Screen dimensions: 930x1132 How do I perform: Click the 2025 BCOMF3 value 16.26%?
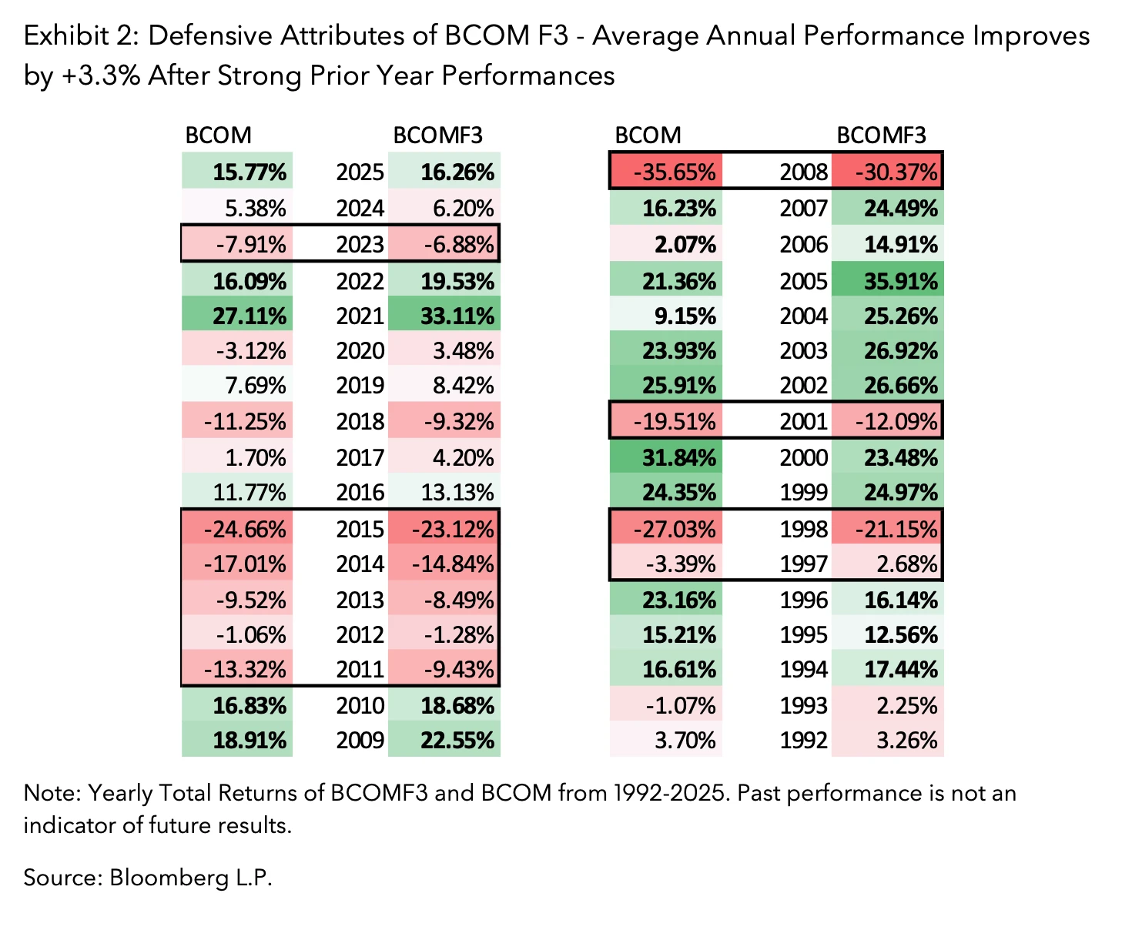point(444,171)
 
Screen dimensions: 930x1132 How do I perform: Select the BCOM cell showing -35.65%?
point(666,171)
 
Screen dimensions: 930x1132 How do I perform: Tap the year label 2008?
point(803,171)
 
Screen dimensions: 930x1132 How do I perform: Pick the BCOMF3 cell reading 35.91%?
point(888,281)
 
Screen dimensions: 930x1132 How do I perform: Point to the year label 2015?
point(360,529)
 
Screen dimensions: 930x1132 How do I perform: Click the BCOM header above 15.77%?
point(218,135)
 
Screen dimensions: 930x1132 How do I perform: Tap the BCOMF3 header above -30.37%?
point(881,135)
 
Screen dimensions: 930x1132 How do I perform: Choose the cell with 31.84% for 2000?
point(666,457)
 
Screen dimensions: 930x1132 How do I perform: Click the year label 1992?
point(803,740)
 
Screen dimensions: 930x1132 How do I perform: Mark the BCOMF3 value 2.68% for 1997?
point(888,564)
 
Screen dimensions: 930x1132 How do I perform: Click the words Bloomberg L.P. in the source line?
point(191,878)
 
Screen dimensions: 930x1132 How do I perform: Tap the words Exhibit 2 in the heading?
point(78,35)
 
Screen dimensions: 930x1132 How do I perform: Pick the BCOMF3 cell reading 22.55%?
point(444,740)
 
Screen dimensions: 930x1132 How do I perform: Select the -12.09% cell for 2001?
point(888,421)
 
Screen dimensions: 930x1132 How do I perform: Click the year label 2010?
point(360,705)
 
